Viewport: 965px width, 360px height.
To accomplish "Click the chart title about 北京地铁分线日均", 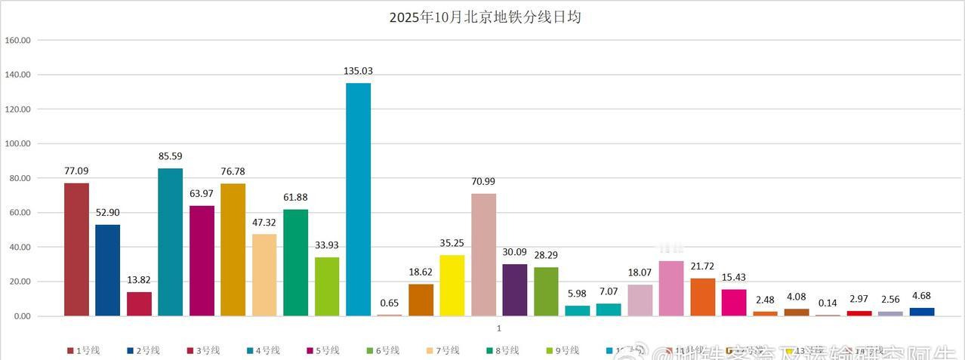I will coord(485,17).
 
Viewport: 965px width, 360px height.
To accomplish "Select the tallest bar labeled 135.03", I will coord(358,199).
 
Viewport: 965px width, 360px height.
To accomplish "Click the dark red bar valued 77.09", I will coord(76,249).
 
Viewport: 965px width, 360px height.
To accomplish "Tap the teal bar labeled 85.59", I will coord(170,242).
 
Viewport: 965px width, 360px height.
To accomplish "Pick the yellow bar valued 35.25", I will coord(452,285).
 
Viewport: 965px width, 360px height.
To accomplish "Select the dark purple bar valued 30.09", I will coord(515,290).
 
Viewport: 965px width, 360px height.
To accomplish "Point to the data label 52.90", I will coord(107,212).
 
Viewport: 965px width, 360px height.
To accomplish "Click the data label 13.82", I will coord(139,280).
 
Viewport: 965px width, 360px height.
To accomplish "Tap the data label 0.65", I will coord(390,303).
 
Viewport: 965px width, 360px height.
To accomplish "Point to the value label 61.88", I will coord(295,197).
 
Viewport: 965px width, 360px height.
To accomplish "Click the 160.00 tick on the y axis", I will coord(17,40).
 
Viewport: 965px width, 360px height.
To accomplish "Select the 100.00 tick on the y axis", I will coord(17,143).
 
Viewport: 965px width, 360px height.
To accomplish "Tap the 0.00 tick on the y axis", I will coord(20,316).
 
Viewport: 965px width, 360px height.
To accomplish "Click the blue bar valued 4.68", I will coord(921,312).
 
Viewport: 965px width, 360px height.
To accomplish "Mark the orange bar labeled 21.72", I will coord(702,297).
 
